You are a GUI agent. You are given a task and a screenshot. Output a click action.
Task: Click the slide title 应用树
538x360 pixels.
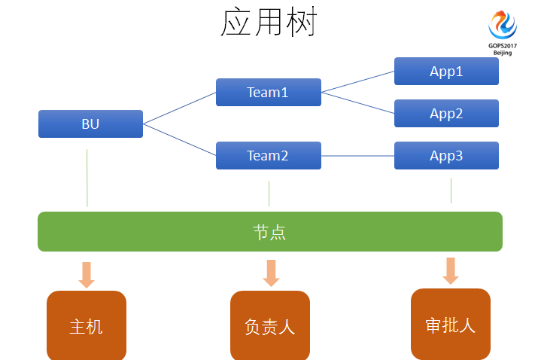point(269,23)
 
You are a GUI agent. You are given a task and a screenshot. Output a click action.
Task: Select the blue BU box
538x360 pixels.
point(90,124)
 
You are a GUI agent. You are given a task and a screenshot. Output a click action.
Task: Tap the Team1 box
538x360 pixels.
point(268,93)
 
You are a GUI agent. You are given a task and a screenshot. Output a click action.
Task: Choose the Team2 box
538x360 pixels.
point(268,156)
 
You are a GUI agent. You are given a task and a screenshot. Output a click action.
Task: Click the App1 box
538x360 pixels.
point(446,72)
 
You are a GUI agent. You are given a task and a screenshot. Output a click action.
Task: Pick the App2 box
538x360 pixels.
point(446,114)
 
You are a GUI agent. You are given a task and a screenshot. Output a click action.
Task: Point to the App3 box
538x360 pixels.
point(446,156)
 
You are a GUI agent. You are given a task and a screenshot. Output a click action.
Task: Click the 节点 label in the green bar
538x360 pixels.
point(269,232)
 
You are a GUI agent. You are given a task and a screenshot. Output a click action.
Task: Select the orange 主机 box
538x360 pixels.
point(87,326)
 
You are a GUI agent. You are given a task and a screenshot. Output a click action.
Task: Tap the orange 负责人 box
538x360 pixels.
point(269,326)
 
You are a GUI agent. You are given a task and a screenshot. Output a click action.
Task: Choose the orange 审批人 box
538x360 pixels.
point(450,325)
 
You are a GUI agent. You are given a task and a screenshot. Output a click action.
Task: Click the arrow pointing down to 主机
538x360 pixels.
point(87,275)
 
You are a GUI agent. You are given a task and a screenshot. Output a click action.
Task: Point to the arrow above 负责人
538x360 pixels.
point(271,273)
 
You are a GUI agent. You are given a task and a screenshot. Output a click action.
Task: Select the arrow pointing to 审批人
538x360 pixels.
point(451,271)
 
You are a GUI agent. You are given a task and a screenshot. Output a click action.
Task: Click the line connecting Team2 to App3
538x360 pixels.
point(357,156)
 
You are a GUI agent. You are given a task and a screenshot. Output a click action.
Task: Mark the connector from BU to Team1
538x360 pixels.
point(179,108)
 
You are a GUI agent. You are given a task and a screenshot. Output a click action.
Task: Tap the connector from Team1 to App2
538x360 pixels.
point(357,103)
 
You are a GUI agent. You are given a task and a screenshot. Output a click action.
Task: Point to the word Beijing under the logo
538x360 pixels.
point(502,53)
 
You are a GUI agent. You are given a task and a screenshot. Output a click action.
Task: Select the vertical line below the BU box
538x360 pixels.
point(87,178)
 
